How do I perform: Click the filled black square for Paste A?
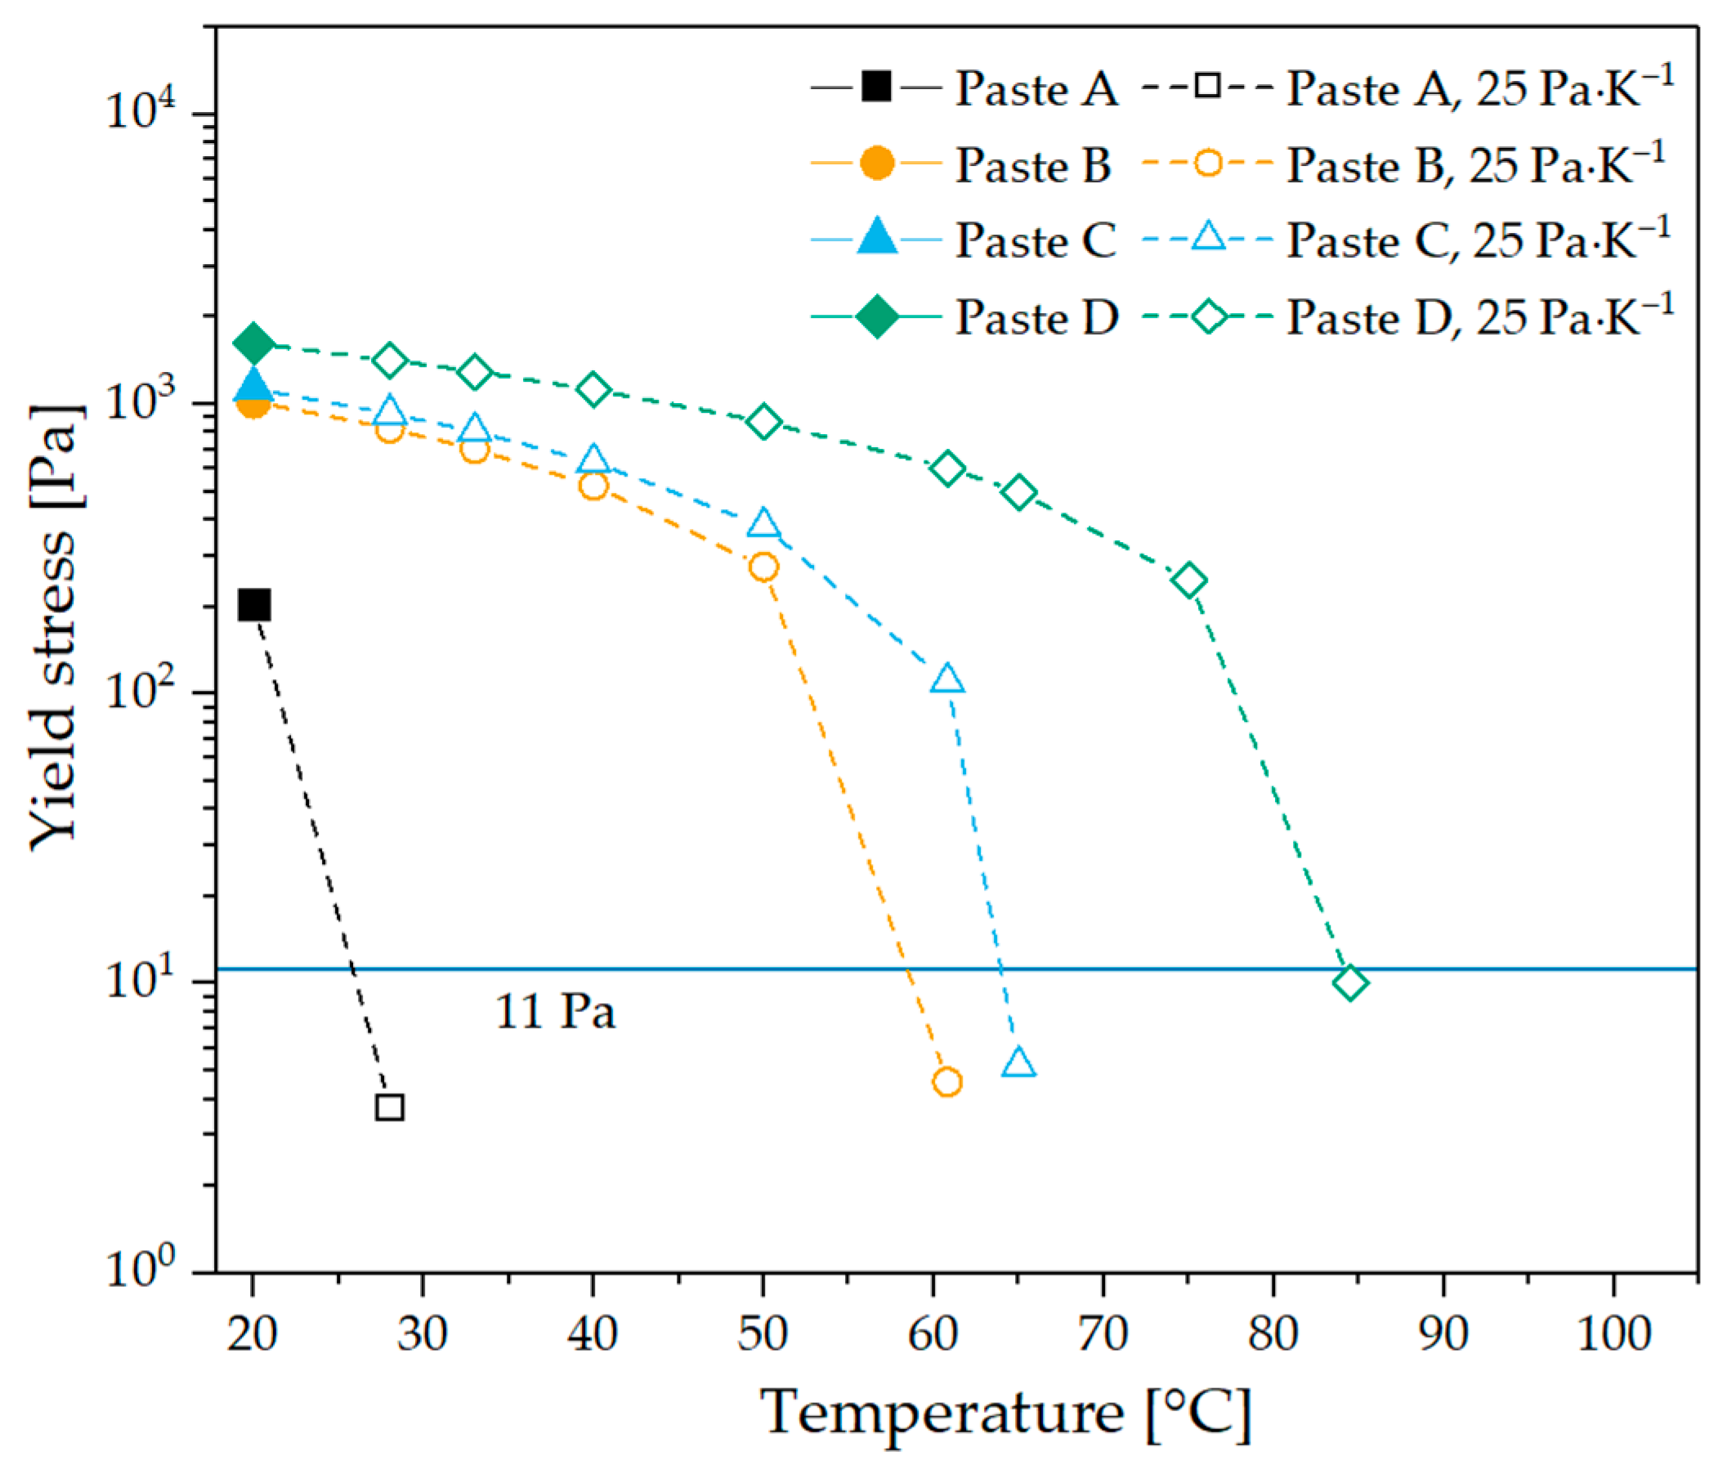pyautogui.click(x=254, y=605)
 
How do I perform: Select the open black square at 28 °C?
pyautogui.click(x=390, y=1108)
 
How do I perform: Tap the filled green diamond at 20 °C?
pyautogui.click(x=254, y=343)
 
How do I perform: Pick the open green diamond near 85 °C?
pyautogui.click(x=1350, y=984)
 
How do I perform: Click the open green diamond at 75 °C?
pyautogui.click(x=1190, y=580)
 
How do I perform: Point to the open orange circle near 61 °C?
pyautogui.click(x=947, y=1082)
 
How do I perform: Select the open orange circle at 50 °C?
pyautogui.click(x=763, y=567)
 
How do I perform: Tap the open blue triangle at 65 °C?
pyautogui.click(x=1019, y=1064)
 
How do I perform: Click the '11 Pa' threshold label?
pyautogui.click(x=556, y=1012)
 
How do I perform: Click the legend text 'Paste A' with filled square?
pyautogui.click(x=1036, y=88)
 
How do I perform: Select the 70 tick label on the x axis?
pyautogui.click(x=1103, y=1334)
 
